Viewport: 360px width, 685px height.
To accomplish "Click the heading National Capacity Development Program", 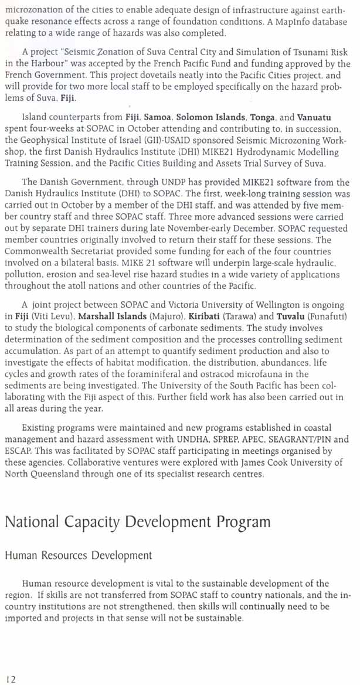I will click(x=138, y=522).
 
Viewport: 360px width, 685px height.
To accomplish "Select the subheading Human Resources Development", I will click(x=79, y=554).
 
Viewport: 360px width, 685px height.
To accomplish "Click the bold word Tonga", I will click(x=262, y=117).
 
